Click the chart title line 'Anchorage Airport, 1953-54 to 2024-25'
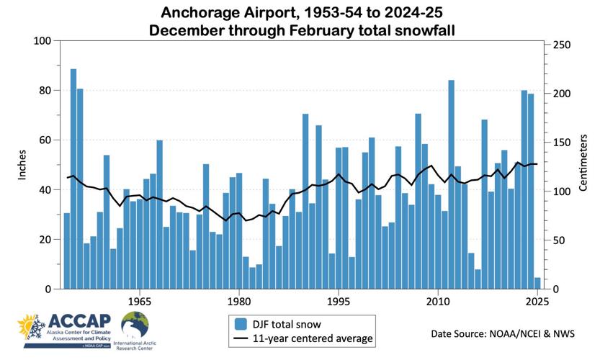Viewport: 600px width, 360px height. pos(300,13)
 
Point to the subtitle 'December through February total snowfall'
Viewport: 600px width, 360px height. pos(300,30)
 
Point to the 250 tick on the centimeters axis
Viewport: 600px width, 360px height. pos(560,45)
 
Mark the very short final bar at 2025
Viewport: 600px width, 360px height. pos(537,283)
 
